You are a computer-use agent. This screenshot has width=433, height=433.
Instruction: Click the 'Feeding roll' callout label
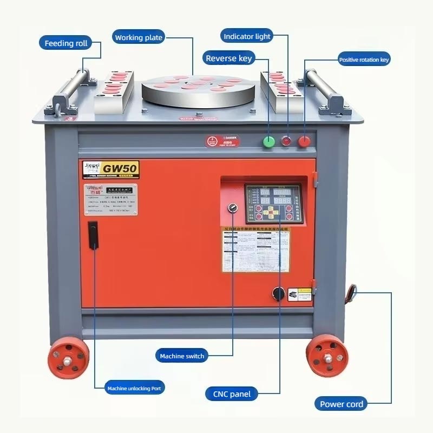(65, 43)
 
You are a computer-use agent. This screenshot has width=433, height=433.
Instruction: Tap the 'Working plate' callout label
(139, 37)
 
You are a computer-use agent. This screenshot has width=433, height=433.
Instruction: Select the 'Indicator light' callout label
(247, 36)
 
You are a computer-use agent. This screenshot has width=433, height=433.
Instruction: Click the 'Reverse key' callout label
(228, 58)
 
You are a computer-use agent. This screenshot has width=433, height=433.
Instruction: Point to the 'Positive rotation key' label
(364, 60)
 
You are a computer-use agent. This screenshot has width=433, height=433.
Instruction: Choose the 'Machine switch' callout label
(182, 356)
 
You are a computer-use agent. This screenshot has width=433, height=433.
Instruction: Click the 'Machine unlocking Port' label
(134, 388)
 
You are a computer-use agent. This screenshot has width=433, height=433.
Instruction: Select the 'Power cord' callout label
(342, 404)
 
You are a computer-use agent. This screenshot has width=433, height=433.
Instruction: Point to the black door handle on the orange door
(93, 235)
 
